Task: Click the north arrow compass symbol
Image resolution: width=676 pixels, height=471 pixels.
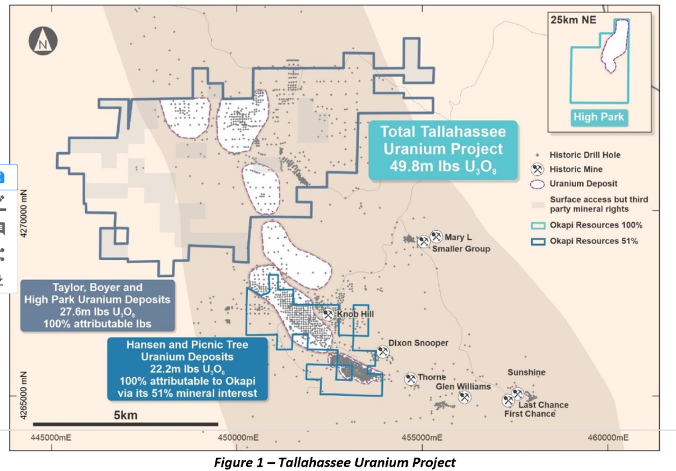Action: click(x=43, y=42)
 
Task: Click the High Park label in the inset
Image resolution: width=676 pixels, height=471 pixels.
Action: click(x=598, y=117)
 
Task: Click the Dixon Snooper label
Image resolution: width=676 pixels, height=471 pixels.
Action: click(x=418, y=343)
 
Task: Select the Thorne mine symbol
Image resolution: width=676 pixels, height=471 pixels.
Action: click(x=411, y=378)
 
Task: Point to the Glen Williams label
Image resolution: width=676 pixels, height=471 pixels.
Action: click(x=463, y=386)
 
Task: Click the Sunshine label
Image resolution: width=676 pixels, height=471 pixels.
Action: click(x=526, y=372)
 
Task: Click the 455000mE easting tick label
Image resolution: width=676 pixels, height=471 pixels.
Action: click(x=422, y=437)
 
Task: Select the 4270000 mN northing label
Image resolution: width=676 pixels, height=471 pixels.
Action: click(x=23, y=215)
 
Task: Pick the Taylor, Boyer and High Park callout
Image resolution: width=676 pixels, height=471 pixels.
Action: click(x=97, y=306)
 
